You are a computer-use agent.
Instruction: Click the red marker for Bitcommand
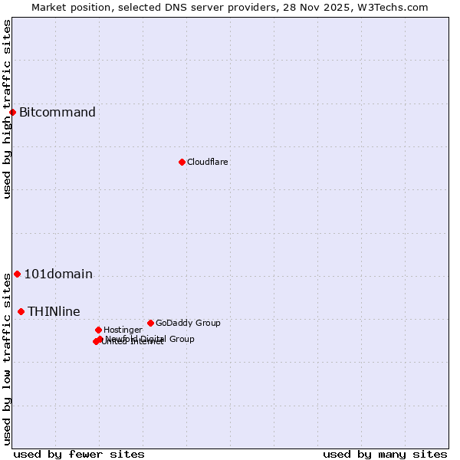point(12,113)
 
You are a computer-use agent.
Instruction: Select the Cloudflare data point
point(182,162)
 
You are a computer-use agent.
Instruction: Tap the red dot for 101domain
point(17,274)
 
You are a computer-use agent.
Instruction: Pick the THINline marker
point(21,311)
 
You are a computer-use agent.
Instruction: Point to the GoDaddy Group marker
point(150,323)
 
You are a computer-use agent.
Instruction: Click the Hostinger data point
point(98,330)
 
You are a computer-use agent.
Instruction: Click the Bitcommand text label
point(58,113)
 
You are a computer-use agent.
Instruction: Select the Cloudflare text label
point(208,162)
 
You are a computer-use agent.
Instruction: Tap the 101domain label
point(58,274)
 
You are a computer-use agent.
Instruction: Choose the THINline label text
point(54,311)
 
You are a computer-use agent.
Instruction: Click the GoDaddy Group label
point(188,323)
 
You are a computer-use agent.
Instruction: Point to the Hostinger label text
point(123,330)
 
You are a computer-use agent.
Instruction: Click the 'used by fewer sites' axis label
point(79,454)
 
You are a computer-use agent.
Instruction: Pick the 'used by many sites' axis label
point(385,454)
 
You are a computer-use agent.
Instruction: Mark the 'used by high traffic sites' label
point(7,109)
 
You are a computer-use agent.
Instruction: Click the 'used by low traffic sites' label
point(7,359)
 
